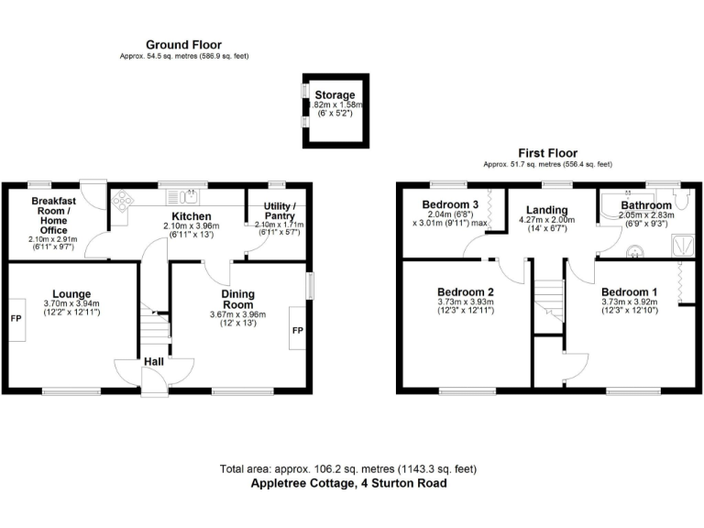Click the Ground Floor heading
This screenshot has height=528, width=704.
(183, 44)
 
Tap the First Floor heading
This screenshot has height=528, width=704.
(548, 153)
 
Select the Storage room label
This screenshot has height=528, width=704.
(335, 95)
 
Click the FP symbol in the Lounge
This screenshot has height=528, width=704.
(16, 320)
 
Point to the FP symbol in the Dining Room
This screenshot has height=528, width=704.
(296, 330)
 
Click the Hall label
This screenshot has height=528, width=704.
(153, 362)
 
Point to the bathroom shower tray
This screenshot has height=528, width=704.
(682, 243)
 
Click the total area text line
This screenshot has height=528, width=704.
(348, 468)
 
